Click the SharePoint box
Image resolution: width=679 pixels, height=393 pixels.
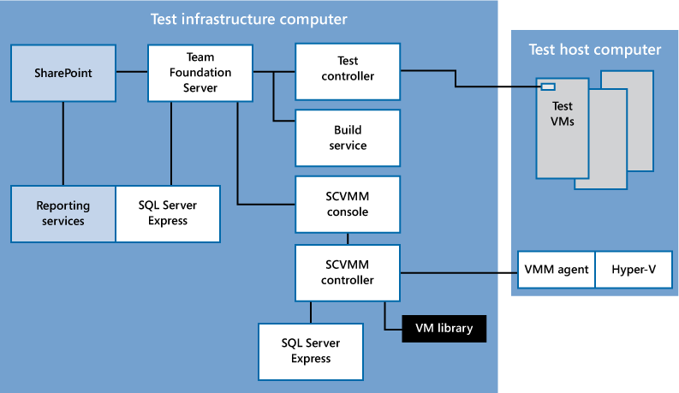click(x=63, y=74)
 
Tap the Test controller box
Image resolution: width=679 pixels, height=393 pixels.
click(x=347, y=68)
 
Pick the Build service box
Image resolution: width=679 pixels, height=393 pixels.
click(x=347, y=138)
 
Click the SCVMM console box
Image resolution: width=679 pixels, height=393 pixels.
click(x=347, y=205)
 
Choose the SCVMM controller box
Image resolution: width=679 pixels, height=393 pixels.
click(x=347, y=272)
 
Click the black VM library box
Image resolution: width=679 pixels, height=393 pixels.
click(x=444, y=329)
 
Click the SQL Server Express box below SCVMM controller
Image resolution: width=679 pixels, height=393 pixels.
click(x=310, y=350)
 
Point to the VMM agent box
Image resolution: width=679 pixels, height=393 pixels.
click(x=557, y=270)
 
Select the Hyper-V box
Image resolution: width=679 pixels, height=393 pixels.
click(x=633, y=270)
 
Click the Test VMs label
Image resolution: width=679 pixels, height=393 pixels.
click(x=562, y=114)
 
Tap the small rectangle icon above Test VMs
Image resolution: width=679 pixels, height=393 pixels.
click(x=546, y=86)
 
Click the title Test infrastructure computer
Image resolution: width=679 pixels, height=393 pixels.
click(x=249, y=18)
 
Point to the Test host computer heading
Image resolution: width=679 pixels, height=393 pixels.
click(x=595, y=50)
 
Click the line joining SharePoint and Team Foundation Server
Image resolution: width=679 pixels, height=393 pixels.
click(x=132, y=73)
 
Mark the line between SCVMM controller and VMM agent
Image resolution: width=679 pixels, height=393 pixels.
click(x=458, y=273)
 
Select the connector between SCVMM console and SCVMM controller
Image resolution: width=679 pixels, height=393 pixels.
click(x=347, y=239)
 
